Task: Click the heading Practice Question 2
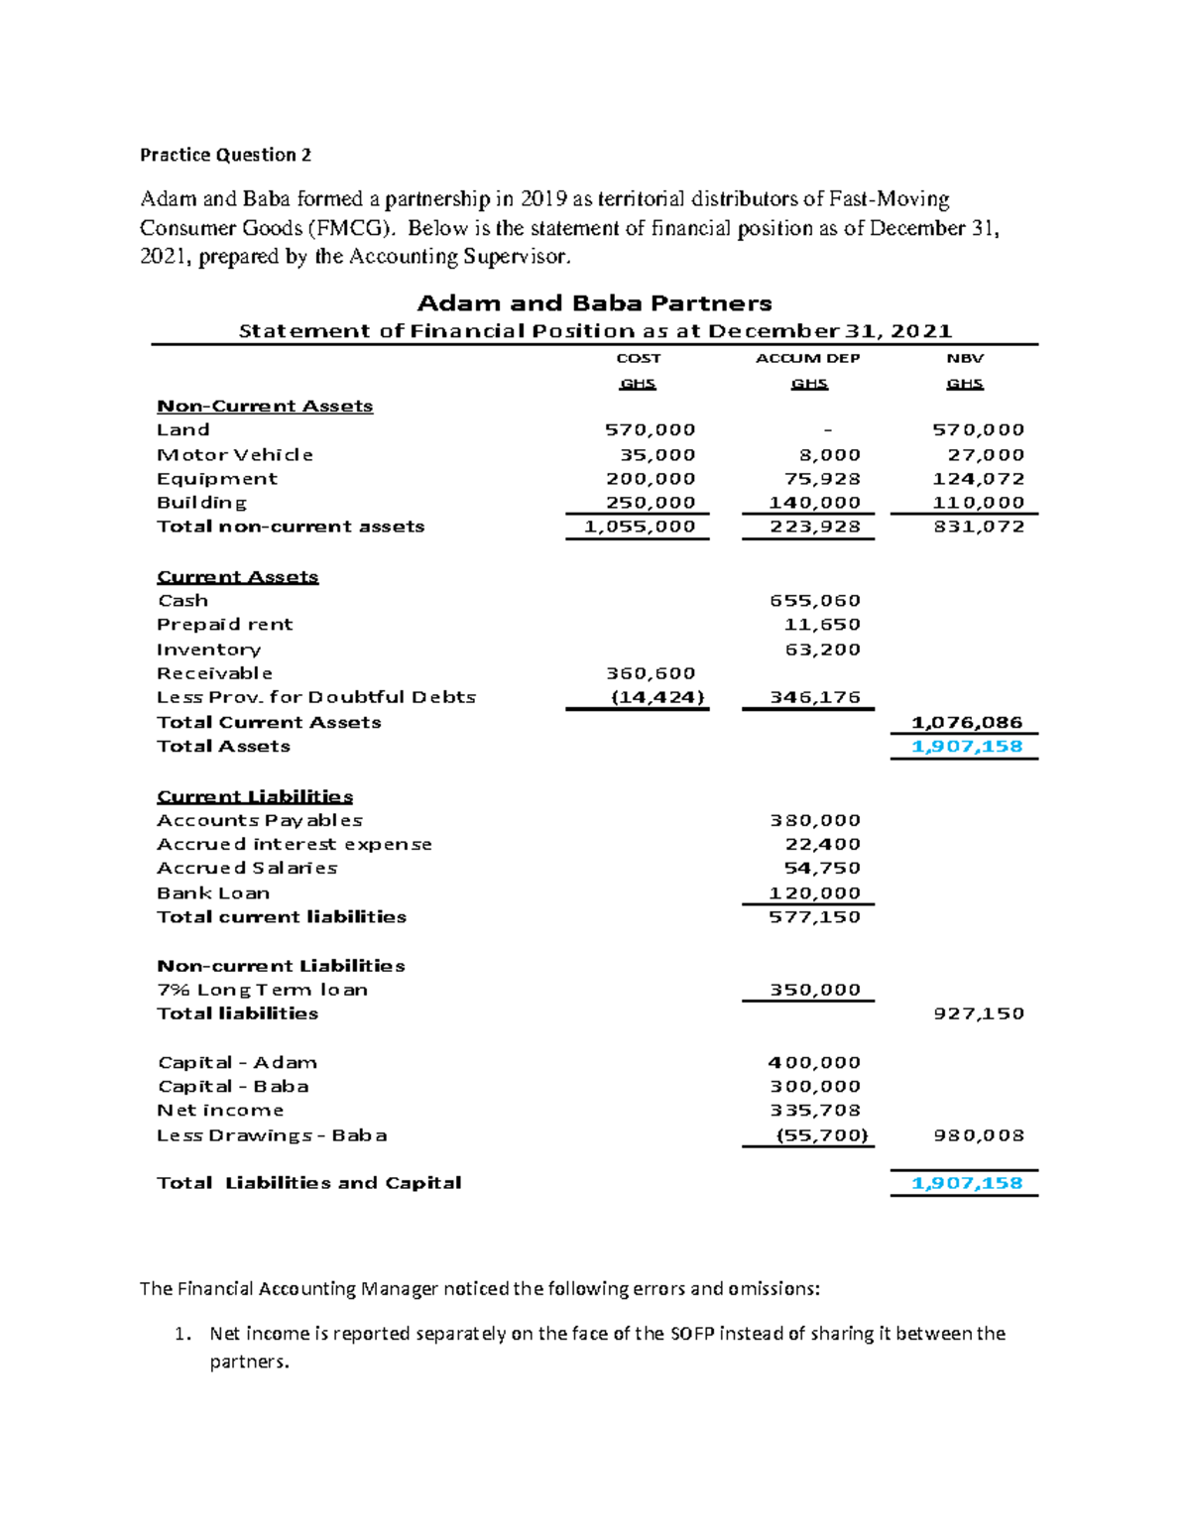click(x=225, y=155)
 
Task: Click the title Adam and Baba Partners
click(x=594, y=303)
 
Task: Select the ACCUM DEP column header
click(x=807, y=358)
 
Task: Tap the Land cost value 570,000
click(x=650, y=430)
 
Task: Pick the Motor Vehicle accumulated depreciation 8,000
click(x=829, y=455)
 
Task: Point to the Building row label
click(x=201, y=503)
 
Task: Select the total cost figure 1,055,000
click(x=640, y=527)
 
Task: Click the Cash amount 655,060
click(x=814, y=601)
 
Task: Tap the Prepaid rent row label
click(x=224, y=625)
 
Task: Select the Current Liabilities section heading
click(x=255, y=797)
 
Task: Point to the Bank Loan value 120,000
click(x=814, y=893)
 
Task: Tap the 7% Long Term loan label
click(x=262, y=990)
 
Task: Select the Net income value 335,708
click(x=814, y=1111)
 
